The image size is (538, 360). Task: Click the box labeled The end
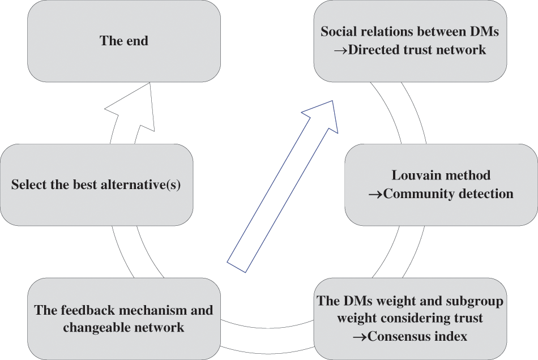coord(124,41)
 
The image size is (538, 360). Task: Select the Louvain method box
coord(441,184)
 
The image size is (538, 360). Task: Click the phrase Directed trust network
coord(417,50)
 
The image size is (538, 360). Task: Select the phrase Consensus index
coord(417,336)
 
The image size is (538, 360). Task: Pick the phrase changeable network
coord(123,327)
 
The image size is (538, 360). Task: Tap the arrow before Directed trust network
coord(340,50)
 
